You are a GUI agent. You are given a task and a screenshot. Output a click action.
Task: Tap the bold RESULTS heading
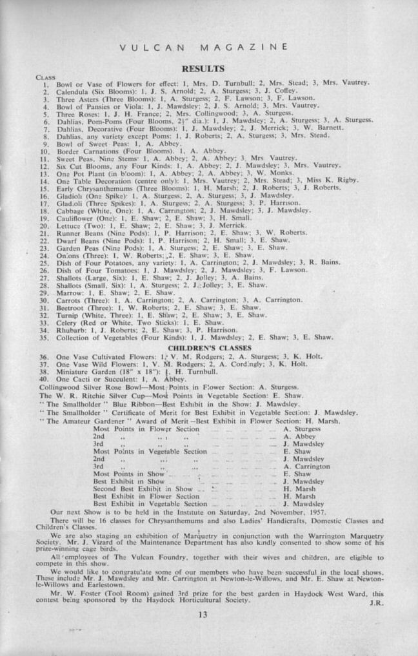click(203, 68)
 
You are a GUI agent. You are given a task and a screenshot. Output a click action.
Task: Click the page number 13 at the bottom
click(203, 614)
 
